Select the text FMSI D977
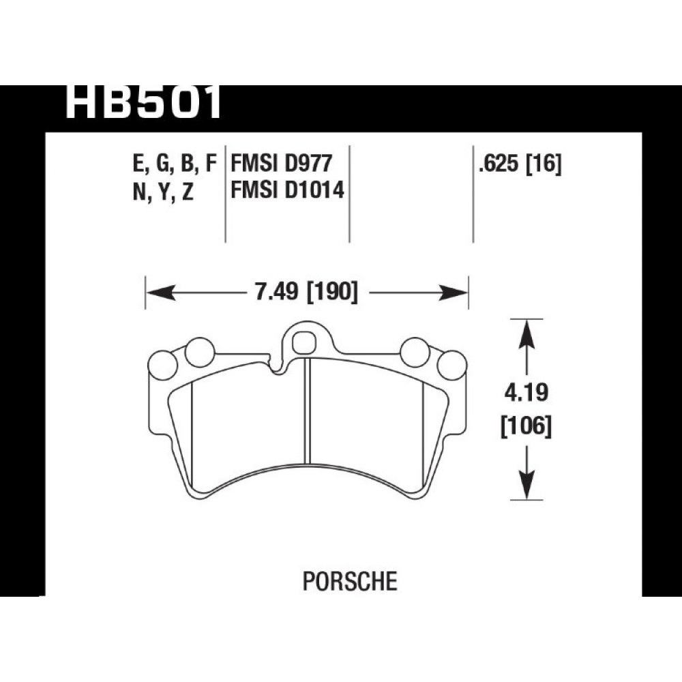point(282,164)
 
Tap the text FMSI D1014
point(287,190)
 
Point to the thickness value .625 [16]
point(520,164)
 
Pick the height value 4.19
point(527,394)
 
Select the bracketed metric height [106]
point(527,426)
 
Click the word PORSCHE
point(350,581)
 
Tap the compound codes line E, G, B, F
point(175,164)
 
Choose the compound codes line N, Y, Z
point(163,191)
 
